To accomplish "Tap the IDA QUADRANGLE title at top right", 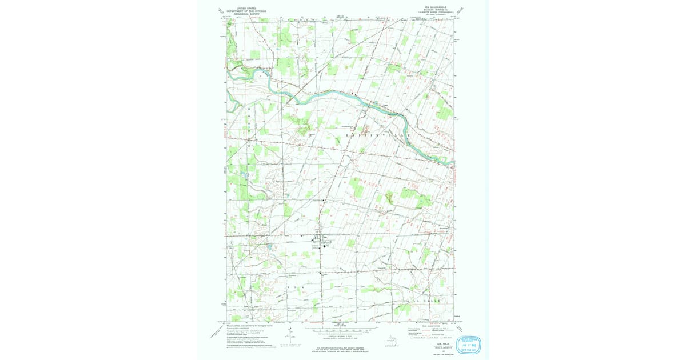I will (x=436, y=7).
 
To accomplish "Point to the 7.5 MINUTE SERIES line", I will (x=436, y=13).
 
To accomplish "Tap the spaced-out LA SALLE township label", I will (x=424, y=300).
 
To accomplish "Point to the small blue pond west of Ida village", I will (x=269, y=246).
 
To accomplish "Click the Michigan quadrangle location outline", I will (x=390, y=340).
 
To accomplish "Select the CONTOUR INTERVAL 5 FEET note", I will (x=338, y=337).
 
